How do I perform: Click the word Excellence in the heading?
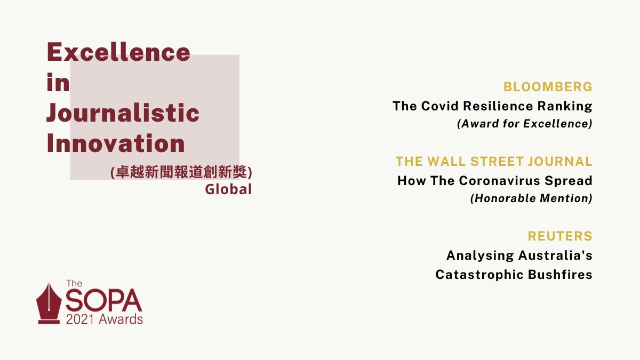[118, 52]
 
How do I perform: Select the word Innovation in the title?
[116, 143]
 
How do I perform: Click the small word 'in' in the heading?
[58, 82]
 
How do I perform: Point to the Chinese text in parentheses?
[181, 172]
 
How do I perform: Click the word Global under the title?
[228, 189]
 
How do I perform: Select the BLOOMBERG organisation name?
[548, 87]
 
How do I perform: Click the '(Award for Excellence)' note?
[525, 124]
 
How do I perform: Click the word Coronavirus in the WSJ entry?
[500, 181]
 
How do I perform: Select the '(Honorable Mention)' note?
[531, 198]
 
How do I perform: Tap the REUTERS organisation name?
[560, 236]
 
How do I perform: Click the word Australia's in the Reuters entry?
[555, 255]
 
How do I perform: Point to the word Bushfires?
[560, 275]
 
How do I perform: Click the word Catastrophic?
[479, 275]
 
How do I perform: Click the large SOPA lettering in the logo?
[103, 300]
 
